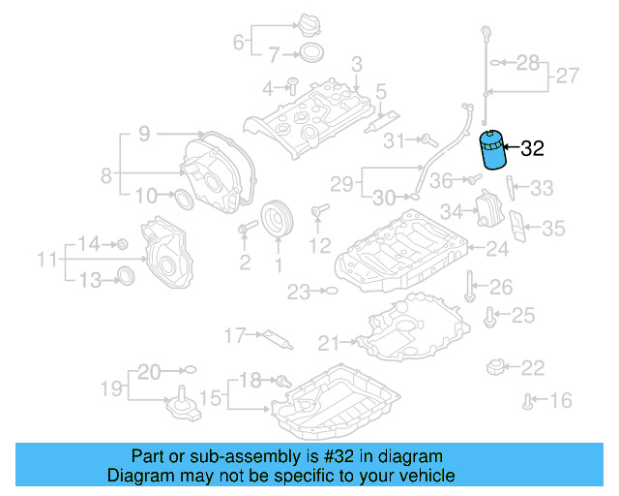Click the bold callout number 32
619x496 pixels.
pyautogui.click(x=533, y=149)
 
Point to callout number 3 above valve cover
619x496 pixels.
pyautogui.click(x=356, y=65)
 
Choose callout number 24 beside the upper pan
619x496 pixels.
pyautogui.click(x=496, y=250)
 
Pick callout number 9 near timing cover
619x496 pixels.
pyautogui.click(x=143, y=135)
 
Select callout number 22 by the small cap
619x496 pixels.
pyautogui.click(x=534, y=368)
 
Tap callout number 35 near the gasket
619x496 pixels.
pyautogui.click(x=552, y=229)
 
